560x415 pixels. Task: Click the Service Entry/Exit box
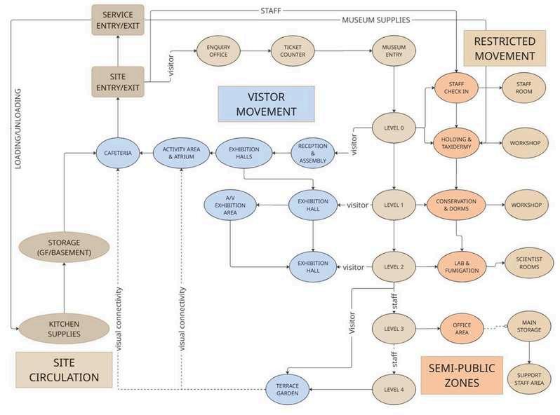tap(118, 20)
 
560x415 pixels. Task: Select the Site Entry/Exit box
tap(118, 82)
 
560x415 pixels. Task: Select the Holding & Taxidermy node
tap(457, 144)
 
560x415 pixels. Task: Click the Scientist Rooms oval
tap(525, 260)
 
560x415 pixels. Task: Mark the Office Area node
tap(461, 328)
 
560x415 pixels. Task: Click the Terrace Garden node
tap(287, 390)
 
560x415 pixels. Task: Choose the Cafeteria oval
tap(118, 154)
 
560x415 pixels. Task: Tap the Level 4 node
tap(394, 390)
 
